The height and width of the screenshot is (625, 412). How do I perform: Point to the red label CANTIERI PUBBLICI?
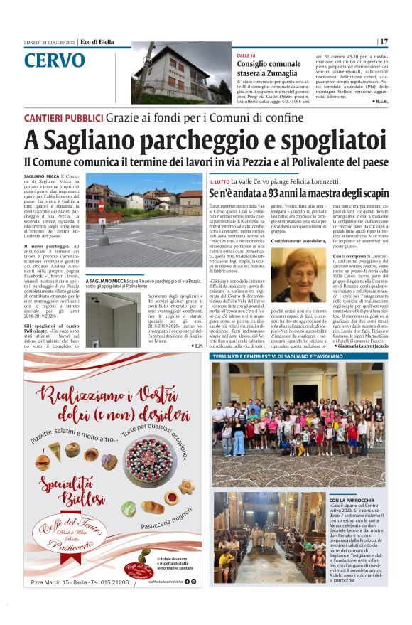click(x=63, y=117)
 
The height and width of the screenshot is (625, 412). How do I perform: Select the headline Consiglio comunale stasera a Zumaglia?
click(x=270, y=68)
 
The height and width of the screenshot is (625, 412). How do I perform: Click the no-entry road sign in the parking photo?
click(x=100, y=206)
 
